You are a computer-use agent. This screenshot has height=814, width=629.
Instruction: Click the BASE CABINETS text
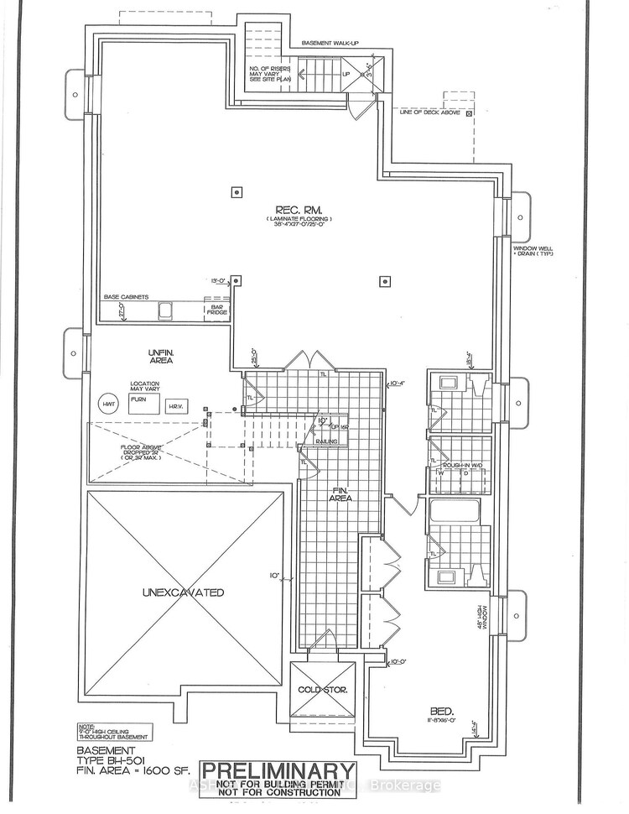(x=126, y=297)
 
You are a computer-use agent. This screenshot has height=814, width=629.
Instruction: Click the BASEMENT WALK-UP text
(x=330, y=44)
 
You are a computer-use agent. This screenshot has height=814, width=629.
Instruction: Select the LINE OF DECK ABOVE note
(x=431, y=112)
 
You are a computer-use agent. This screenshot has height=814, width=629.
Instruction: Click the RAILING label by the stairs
(x=326, y=440)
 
